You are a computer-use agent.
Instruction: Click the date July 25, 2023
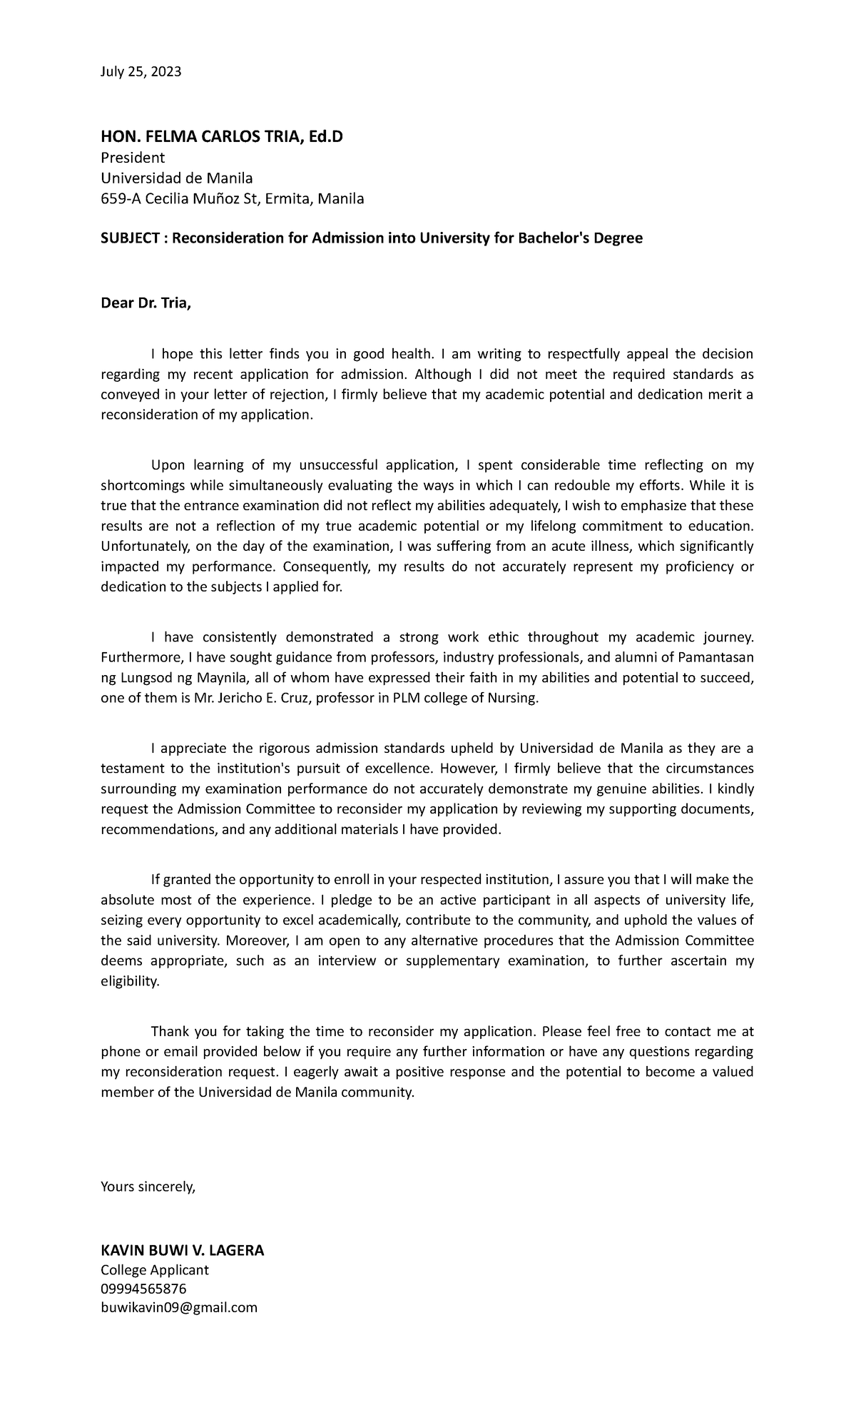click(x=141, y=71)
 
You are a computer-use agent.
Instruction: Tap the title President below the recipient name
click(x=133, y=157)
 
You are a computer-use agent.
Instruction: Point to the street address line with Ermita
click(x=233, y=198)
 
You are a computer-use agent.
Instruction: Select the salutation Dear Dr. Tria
click(x=146, y=304)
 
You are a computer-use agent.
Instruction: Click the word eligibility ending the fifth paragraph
click(x=131, y=982)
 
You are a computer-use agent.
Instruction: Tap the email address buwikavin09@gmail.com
click(x=179, y=1307)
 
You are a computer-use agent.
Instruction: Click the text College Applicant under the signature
click(x=155, y=1269)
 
